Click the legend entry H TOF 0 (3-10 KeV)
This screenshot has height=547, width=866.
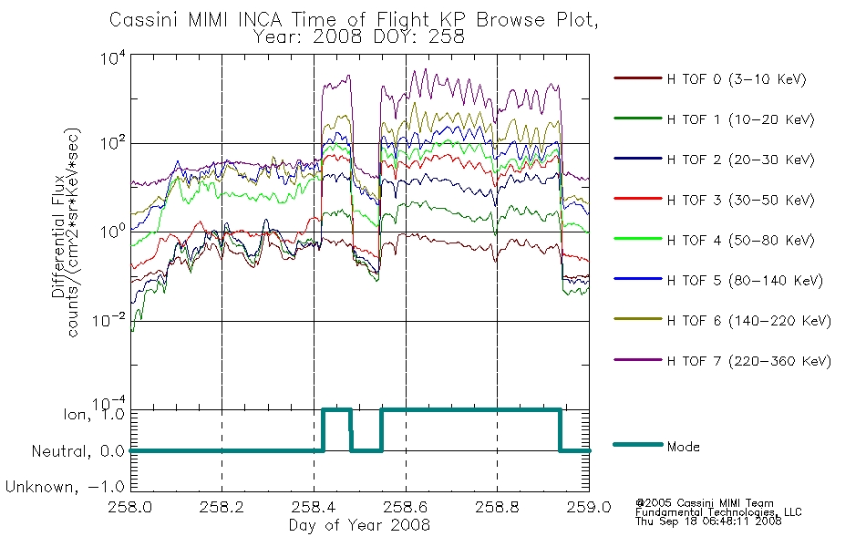point(737,79)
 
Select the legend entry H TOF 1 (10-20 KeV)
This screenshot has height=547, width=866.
point(740,119)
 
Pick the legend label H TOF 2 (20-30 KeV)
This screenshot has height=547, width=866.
point(740,160)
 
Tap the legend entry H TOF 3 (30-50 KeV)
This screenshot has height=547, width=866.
point(740,200)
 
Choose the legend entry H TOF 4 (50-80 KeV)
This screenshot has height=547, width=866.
point(740,241)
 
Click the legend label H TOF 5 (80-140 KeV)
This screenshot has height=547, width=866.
point(745,281)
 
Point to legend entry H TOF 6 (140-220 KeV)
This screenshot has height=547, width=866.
point(748,321)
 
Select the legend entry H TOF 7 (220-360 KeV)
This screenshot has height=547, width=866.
point(748,361)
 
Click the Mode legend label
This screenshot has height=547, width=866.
point(683,447)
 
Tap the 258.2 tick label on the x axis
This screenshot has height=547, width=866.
point(222,507)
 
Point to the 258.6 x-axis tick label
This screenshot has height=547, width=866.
point(406,507)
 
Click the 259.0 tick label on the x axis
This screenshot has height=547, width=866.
point(589,507)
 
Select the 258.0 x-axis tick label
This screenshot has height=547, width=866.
point(130,507)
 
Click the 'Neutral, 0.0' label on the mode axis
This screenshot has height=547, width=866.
point(77,451)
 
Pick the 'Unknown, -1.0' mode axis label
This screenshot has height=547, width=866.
point(65,487)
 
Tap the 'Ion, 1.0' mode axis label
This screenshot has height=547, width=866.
point(94,414)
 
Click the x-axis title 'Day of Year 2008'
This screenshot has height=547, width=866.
point(359,525)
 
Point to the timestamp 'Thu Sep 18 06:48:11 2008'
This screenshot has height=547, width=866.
point(708,521)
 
